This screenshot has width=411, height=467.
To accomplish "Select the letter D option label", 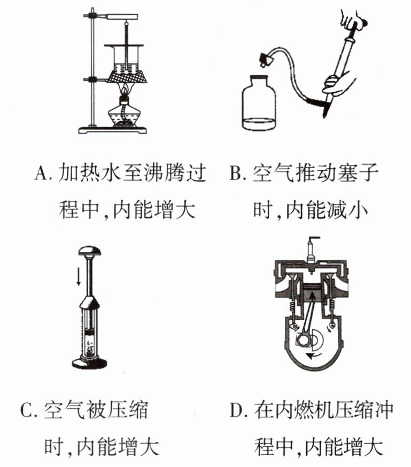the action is pos(237,411).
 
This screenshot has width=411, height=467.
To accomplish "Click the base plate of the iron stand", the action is pos(113,130).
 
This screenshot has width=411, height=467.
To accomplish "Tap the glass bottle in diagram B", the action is pos(258,103).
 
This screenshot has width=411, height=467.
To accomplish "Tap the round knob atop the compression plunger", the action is pos(89,250).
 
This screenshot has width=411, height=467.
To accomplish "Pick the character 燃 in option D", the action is pos(303,411).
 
